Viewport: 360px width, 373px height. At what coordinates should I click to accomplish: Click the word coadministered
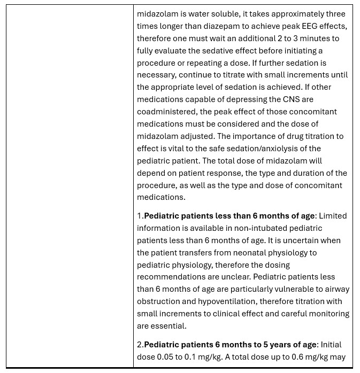coord(166,112)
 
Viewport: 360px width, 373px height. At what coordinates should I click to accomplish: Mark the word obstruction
coord(160,301)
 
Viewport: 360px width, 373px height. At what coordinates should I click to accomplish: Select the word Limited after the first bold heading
coord(333,216)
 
